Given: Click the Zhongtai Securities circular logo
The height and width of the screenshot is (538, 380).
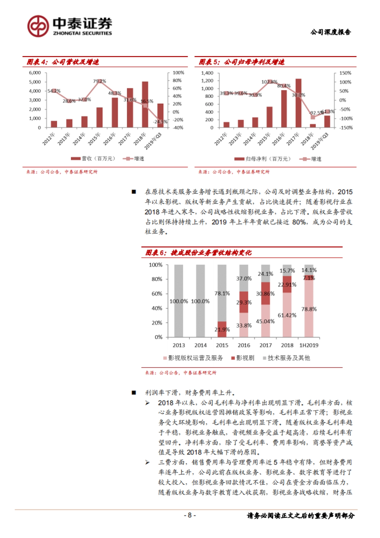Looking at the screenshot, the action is tap(38, 26).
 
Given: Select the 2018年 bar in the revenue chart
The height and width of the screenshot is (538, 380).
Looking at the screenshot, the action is tap(145, 105).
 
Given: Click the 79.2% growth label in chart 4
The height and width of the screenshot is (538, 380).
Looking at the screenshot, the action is tap(99, 81).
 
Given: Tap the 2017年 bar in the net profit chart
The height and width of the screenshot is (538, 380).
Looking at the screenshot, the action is tap(298, 103).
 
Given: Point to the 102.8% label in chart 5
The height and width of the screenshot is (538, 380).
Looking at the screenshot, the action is tap(269, 82).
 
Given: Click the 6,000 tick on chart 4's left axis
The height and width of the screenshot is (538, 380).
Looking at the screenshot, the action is tap(35, 73).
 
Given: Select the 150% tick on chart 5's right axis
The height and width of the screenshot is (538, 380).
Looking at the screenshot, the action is tap(345, 73).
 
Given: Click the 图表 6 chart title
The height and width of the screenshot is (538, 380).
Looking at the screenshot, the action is tap(198, 253).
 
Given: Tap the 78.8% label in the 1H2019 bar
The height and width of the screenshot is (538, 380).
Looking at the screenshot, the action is tap(309, 309).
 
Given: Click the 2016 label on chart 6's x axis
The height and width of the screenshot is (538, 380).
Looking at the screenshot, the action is tap(244, 345).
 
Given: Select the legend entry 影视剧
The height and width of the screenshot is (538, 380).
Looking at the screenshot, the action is tap(243, 358).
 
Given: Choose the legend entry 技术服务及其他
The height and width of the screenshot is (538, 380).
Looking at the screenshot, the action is tap(287, 358).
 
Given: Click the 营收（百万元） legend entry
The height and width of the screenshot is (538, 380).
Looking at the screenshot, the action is tap(93, 158).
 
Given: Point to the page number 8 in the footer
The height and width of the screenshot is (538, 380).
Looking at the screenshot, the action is tap(190, 515).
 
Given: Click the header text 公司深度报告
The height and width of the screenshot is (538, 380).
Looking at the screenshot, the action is tap(331, 32).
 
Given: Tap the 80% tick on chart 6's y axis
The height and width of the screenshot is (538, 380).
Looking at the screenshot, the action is tap(157, 279).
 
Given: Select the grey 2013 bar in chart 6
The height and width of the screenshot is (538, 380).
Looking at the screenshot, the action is tap(179, 301).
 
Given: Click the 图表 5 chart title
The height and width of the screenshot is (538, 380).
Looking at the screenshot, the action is tap(241, 62).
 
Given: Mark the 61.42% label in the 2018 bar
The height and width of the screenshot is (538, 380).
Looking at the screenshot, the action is tap(287, 315).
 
